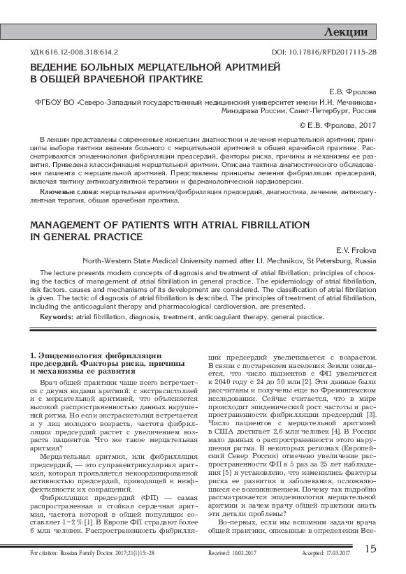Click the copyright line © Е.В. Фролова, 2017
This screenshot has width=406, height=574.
click(x=338, y=126)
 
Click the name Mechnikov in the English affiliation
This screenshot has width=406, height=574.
click(x=256, y=260)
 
